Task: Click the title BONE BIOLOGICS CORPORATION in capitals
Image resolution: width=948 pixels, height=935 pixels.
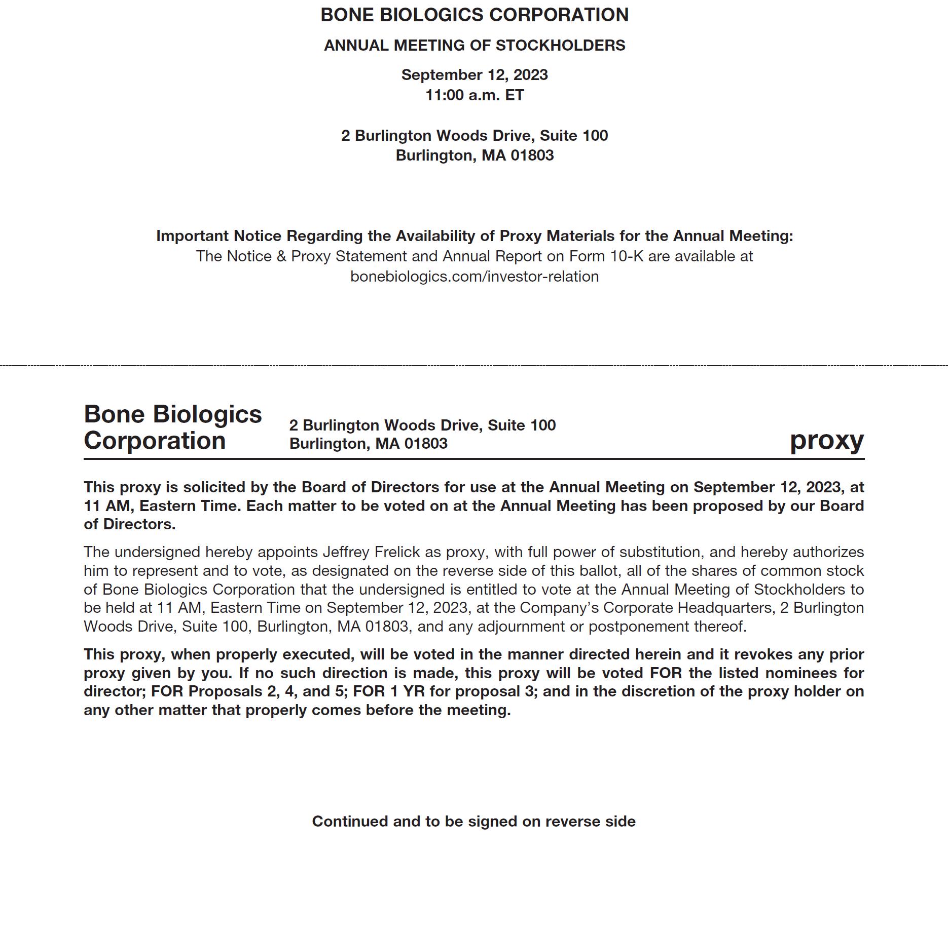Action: pyautogui.click(x=474, y=15)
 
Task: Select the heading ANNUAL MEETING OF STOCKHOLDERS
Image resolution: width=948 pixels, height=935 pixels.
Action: pyautogui.click(x=474, y=46)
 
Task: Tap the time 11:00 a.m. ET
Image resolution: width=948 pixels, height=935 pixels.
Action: pyautogui.click(x=474, y=95)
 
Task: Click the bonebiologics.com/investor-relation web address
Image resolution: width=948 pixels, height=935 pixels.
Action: pyautogui.click(x=474, y=277)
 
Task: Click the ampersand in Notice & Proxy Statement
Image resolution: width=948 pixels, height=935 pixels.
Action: pyautogui.click(x=281, y=256)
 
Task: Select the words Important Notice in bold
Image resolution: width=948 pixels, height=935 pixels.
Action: pyautogui.click(x=219, y=236)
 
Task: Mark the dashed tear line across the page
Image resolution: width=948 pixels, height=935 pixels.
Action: pyautogui.click(x=474, y=365)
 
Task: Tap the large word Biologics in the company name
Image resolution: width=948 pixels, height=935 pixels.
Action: pyautogui.click(x=207, y=414)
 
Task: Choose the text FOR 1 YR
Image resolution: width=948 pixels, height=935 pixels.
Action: pyautogui.click(x=389, y=691)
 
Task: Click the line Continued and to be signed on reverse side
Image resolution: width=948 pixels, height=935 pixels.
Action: pyautogui.click(x=473, y=821)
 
